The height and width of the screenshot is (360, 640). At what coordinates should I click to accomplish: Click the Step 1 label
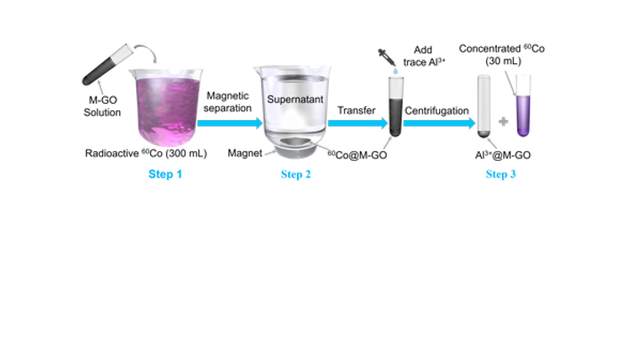point(165,174)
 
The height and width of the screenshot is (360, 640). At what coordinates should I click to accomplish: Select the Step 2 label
point(296,174)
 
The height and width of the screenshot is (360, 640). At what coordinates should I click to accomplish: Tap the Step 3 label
point(500,174)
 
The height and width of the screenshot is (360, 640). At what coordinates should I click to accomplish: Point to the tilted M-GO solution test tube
point(107,65)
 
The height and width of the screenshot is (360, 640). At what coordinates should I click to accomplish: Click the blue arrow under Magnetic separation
point(230,123)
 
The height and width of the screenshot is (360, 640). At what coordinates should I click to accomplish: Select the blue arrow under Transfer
point(357,123)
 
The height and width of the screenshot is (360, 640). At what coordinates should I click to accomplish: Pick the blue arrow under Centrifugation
point(440,123)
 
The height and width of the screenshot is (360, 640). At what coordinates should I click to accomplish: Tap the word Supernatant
point(295,100)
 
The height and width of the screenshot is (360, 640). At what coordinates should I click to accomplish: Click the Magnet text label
point(245,153)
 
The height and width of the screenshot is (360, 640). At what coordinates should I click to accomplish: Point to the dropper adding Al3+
point(387,57)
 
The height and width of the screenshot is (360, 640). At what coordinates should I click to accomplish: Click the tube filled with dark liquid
point(396,107)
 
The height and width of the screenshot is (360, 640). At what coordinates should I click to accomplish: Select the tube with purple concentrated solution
point(524,105)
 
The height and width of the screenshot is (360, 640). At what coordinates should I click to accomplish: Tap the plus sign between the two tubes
point(503,121)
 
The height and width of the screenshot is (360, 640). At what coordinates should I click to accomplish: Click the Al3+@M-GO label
point(503,155)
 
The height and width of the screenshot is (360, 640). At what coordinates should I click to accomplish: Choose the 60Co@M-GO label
point(357,155)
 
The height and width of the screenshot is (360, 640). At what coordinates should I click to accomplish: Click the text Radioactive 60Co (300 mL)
point(146,154)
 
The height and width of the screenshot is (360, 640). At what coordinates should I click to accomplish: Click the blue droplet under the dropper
point(395,71)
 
